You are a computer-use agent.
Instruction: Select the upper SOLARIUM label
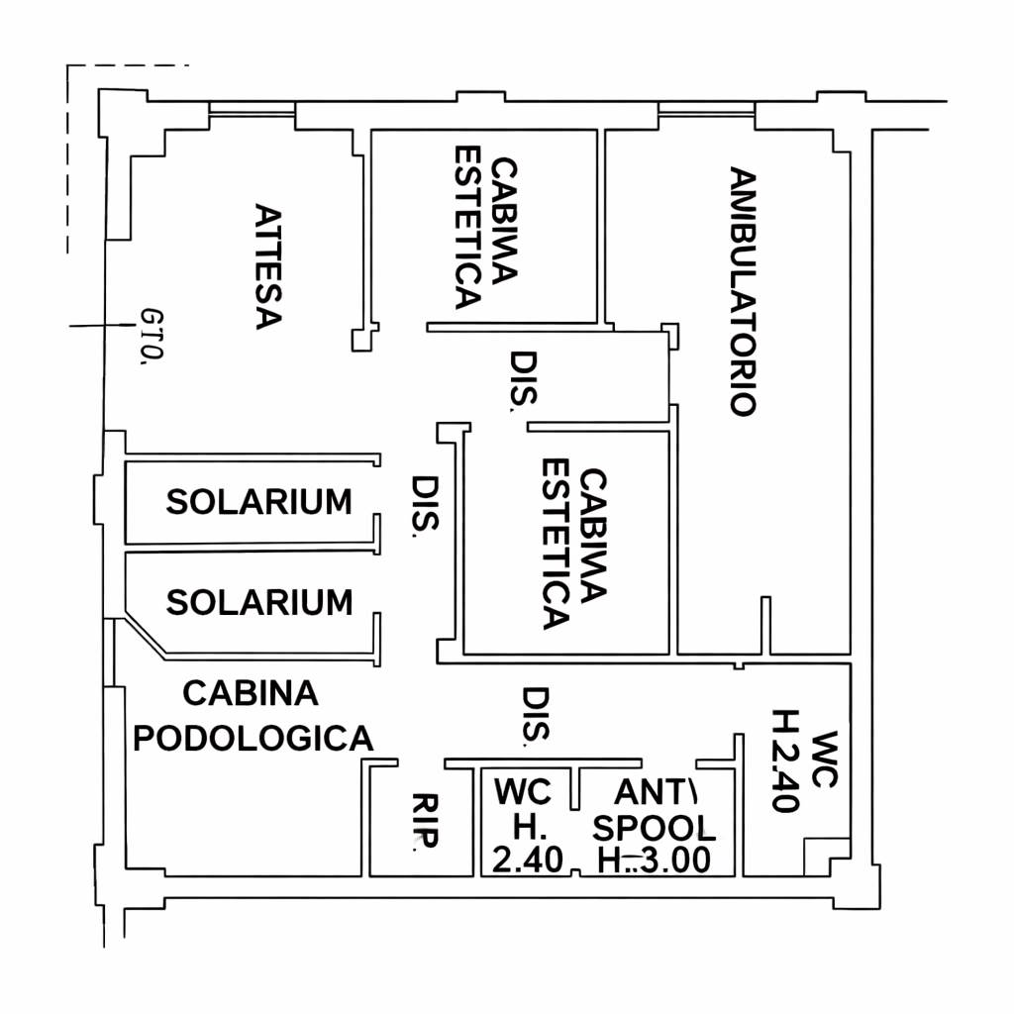[x=258, y=502]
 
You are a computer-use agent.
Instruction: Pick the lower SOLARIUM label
[x=258, y=602]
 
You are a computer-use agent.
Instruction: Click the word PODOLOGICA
[x=253, y=738]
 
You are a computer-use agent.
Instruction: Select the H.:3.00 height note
[x=654, y=861]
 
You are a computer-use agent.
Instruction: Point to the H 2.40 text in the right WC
[x=785, y=760]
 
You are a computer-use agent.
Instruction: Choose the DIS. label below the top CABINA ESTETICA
[x=523, y=381]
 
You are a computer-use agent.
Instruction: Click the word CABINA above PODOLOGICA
[x=251, y=693]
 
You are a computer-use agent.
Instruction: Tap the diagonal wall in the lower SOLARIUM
[x=147, y=635]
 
